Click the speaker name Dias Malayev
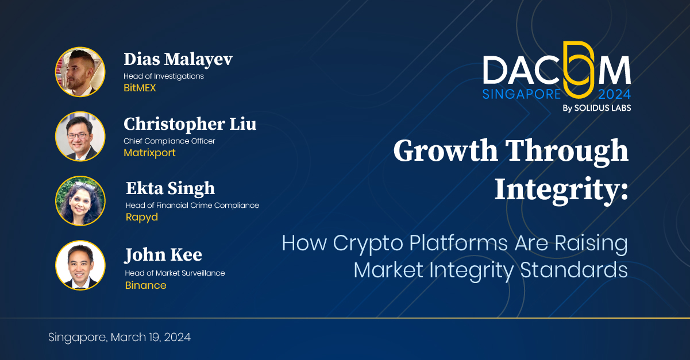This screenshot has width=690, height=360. [178, 59]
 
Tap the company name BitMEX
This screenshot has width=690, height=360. [140, 88]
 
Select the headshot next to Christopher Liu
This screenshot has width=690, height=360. [80, 136]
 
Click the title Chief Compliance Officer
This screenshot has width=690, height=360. [169, 141]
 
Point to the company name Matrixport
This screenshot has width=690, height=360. [149, 153]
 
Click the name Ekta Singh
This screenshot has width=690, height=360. [170, 188]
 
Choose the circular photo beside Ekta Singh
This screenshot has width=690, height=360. [80, 200]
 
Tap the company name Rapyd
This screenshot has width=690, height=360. [141, 217]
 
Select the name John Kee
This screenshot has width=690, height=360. [163, 254]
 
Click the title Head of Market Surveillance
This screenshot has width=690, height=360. [175, 273]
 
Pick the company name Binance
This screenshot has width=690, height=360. [145, 285]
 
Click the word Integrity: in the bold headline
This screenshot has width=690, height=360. [561, 189]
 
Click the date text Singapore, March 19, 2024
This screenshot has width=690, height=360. [119, 338]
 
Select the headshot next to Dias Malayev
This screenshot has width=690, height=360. [80, 72]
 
